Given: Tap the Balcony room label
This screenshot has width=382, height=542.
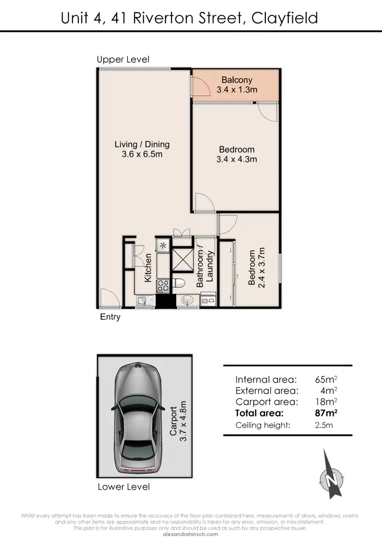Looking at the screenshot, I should [x=237, y=80].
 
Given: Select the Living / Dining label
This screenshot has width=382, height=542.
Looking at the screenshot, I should [x=142, y=144].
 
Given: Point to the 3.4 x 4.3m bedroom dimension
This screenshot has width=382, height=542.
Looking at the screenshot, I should [x=237, y=159].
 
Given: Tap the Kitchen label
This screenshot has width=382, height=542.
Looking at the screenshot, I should [x=148, y=268].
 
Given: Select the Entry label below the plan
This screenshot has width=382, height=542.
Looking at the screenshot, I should [x=110, y=317].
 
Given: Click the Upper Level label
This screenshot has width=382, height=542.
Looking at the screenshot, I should [x=123, y=60].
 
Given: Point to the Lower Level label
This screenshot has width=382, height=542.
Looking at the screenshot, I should [x=124, y=487].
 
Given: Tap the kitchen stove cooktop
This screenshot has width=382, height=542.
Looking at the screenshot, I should [x=163, y=286].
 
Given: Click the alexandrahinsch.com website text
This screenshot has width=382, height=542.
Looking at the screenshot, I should [x=190, y=534].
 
